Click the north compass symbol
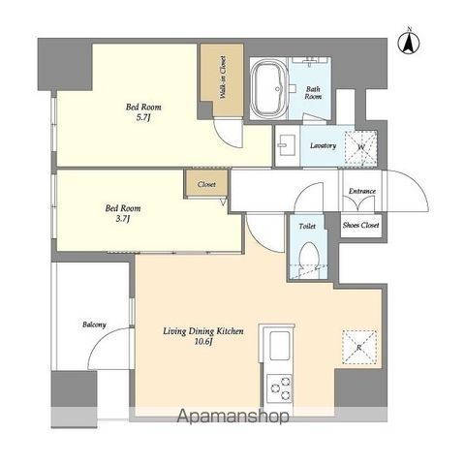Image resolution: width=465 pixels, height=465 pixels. (409, 43)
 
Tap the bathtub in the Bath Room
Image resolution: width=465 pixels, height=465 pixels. (268, 88)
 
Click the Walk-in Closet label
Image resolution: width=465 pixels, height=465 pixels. (223, 77)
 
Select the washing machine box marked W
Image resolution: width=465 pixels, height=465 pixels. (361, 147)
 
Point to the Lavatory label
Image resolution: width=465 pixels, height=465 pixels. (323, 146)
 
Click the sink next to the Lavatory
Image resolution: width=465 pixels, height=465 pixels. (287, 145)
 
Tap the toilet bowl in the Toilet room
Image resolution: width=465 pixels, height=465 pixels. (309, 256)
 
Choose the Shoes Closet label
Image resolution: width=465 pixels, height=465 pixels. (360, 225)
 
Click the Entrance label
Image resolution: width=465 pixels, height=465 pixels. (362, 191)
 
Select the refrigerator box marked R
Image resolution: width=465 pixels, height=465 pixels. (359, 347)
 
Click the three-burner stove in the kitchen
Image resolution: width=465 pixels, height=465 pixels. (280, 388)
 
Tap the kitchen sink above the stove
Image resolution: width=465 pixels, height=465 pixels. (279, 346)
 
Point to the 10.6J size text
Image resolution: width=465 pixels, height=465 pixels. (203, 342)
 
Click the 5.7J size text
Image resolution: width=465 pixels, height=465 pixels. (143, 117)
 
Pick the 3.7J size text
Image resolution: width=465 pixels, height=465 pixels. (123, 219)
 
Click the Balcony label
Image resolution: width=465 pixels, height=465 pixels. (94, 325)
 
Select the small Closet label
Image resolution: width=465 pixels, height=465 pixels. (206, 184)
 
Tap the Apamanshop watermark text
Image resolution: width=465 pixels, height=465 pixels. (232, 417)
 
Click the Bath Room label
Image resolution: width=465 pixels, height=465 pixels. (313, 93)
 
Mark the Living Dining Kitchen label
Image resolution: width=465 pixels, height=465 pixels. (203, 331)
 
